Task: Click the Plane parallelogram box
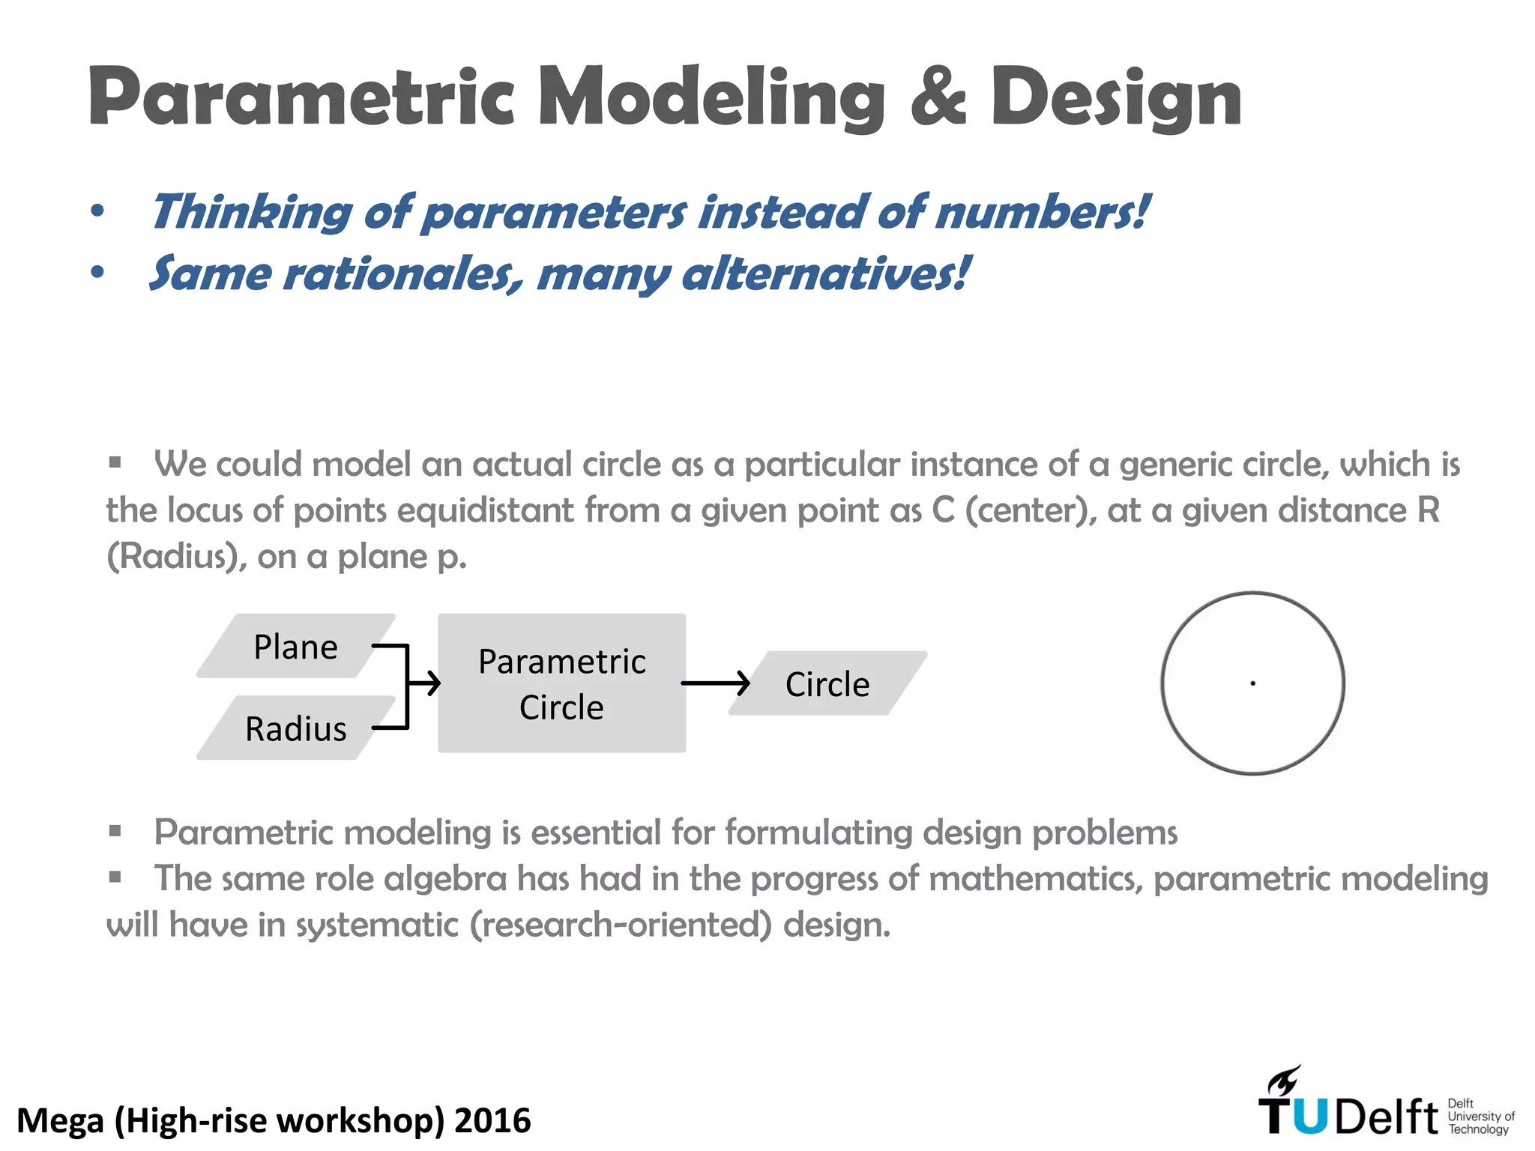(295, 646)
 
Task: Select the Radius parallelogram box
(295, 728)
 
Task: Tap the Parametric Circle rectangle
(561, 683)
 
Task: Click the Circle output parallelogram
(827, 683)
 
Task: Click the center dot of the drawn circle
(1252, 683)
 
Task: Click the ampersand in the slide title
(938, 97)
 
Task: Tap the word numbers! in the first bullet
(1042, 212)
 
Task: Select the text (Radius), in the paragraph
(177, 557)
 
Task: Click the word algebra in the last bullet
(445, 878)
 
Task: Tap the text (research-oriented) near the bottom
(621, 925)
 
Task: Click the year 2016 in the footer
(492, 1120)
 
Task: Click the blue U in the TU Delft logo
(1309, 1117)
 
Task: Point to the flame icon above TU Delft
(1283, 1081)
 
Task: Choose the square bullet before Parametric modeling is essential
(115, 830)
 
